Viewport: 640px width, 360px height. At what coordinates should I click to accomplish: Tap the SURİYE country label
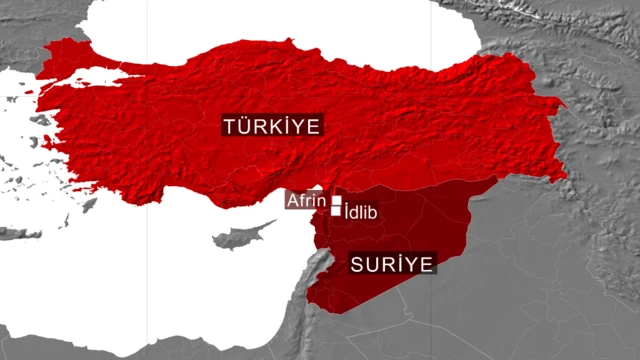click(391, 264)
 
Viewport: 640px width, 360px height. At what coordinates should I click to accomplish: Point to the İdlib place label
click(359, 212)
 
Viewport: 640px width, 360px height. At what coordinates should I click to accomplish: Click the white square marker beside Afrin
click(336, 199)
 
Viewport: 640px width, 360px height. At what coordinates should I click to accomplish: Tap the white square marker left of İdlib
click(335, 211)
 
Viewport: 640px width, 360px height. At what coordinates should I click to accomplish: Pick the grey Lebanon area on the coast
click(317, 265)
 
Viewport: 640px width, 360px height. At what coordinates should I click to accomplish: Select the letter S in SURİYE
click(356, 264)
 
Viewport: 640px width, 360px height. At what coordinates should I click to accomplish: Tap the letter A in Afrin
click(292, 200)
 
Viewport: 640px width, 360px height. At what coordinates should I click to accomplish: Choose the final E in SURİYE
click(427, 264)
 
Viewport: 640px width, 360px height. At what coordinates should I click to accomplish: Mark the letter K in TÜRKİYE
click(273, 126)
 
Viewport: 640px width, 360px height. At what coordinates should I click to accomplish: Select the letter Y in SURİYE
click(412, 264)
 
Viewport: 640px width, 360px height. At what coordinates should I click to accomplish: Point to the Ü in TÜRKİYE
click(245, 126)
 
